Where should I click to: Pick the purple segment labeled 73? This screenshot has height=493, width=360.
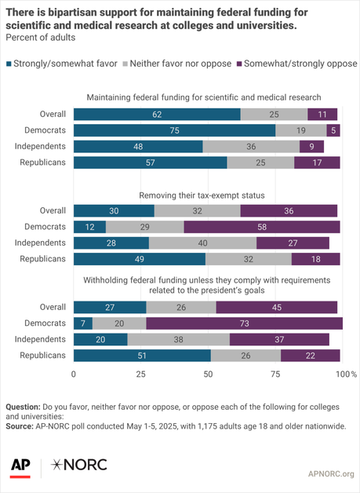244,323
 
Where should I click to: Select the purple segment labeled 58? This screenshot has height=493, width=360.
262,227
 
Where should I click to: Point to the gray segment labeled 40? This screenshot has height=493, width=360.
202,243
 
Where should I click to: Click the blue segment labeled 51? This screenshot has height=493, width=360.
142,355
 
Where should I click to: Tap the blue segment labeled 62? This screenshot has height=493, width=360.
157,114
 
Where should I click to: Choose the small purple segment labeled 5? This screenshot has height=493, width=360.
333,130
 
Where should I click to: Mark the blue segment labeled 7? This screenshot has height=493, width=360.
82,323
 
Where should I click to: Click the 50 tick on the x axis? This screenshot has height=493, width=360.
208,375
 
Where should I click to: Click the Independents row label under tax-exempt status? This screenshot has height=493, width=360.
42,243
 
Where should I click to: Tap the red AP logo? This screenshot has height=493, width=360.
20,466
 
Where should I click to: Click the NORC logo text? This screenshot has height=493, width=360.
78,466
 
